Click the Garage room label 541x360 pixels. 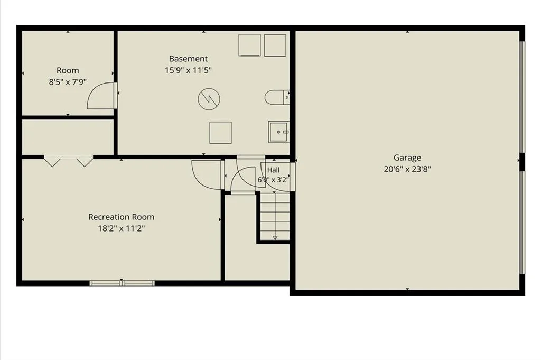point(407,158)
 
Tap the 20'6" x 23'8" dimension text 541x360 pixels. point(407,169)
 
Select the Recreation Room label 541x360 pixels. point(121,217)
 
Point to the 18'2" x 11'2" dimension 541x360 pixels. point(121,228)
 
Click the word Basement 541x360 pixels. point(188,59)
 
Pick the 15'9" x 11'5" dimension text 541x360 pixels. point(188,70)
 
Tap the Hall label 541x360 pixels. point(273,170)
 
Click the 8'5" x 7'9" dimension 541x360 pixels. point(68,82)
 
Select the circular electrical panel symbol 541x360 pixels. point(209,99)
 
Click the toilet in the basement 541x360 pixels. point(277,97)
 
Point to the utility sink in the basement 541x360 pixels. point(279,132)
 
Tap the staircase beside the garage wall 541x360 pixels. point(275,216)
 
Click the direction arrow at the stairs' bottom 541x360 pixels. point(275,238)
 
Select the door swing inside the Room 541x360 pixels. point(100,96)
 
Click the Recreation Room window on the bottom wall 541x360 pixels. point(122,283)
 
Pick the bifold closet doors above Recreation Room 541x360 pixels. point(68,161)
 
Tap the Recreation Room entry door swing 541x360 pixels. point(207,174)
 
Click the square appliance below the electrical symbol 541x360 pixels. point(220,133)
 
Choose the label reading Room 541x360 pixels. point(68,70)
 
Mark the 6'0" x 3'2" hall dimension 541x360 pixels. point(273,180)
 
